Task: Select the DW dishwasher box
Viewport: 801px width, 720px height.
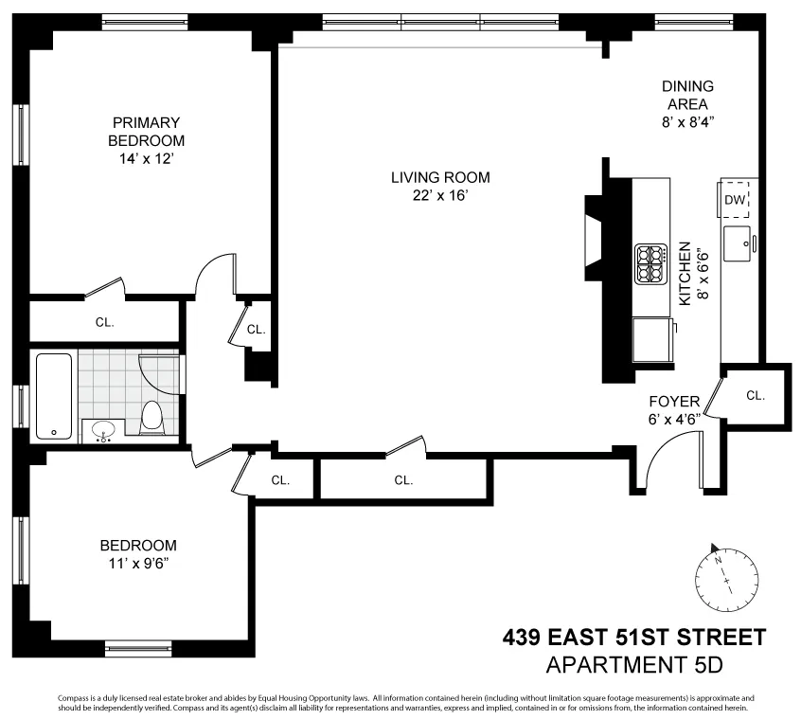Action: (x=736, y=200)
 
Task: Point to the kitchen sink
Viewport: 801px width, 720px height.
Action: (x=739, y=244)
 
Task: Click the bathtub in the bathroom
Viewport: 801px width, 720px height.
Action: (x=53, y=395)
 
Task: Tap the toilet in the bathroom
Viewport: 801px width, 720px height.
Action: (x=151, y=417)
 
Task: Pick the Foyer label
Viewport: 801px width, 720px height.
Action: (x=674, y=402)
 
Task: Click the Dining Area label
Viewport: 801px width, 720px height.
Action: (x=687, y=95)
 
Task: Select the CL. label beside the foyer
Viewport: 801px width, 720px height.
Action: (x=755, y=395)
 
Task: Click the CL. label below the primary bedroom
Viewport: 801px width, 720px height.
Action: (x=104, y=322)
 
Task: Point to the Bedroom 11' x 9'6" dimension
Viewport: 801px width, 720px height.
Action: (x=139, y=563)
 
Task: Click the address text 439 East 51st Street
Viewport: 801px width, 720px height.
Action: (x=632, y=638)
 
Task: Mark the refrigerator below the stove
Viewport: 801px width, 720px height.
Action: (x=652, y=338)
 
